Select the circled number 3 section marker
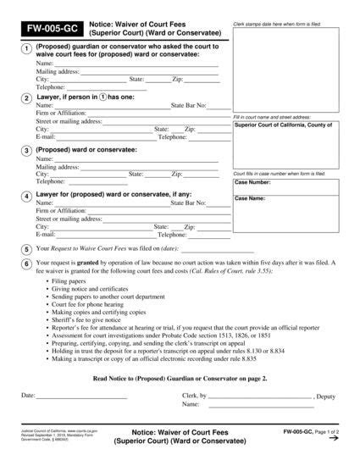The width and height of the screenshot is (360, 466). [x=27, y=150]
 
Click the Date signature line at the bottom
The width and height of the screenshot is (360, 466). [x=81, y=397]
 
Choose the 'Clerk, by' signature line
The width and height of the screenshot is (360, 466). [x=260, y=397]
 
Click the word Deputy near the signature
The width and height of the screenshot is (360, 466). [x=327, y=396]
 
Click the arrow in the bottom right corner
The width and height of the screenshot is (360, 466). [x=334, y=438]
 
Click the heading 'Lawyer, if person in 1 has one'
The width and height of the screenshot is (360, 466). [x=85, y=97]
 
